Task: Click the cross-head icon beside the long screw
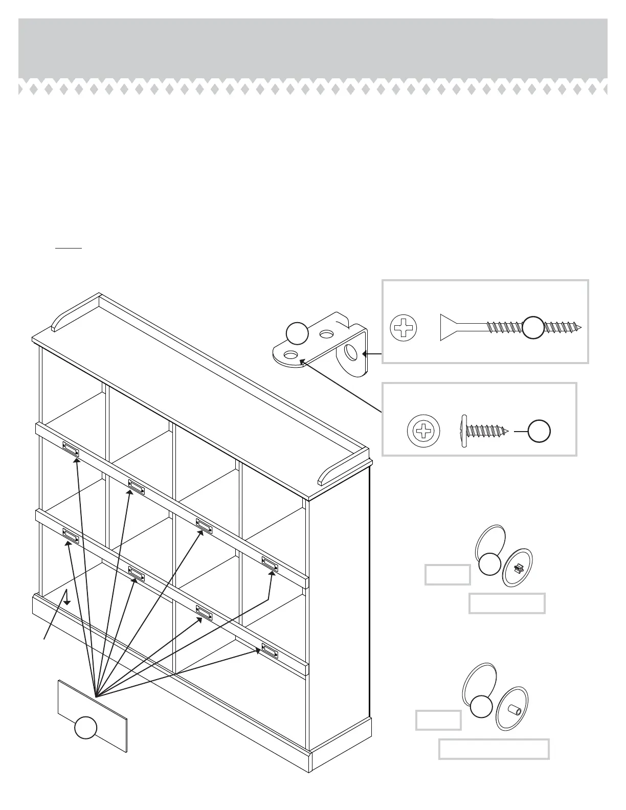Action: [404, 328]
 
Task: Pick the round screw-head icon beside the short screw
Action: [423, 431]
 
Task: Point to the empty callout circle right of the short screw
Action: [539, 432]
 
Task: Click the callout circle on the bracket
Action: [297, 334]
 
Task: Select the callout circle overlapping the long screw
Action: [533, 327]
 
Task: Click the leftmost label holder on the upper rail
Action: [71, 449]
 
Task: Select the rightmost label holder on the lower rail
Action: [270, 650]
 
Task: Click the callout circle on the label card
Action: [85, 728]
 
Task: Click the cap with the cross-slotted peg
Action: [518, 567]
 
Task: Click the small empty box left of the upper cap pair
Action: [448, 574]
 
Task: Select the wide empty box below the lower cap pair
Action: [494, 749]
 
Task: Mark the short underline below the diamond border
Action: [69, 247]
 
